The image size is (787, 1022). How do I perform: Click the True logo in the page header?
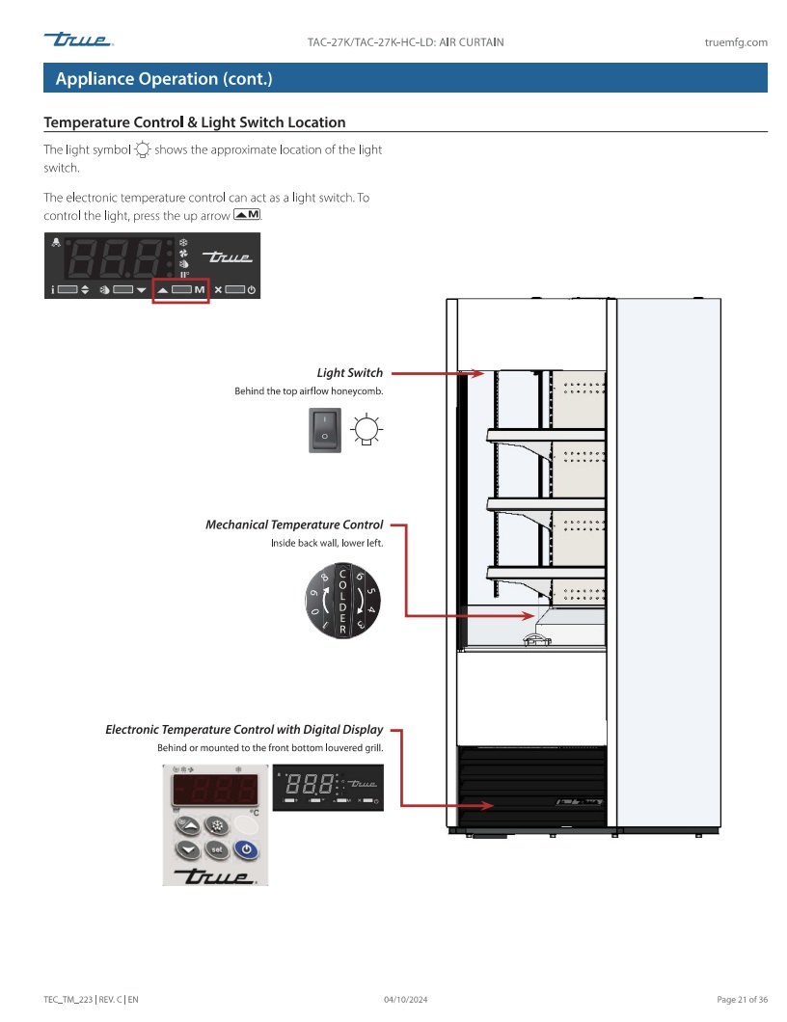pyautogui.click(x=78, y=40)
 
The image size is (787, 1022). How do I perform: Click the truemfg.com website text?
pyautogui.click(x=736, y=42)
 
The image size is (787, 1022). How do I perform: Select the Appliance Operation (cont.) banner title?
pyautogui.click(x=164, y=79)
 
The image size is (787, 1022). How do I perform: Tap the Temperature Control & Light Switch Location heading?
pyautogui.click(x=195, y=122)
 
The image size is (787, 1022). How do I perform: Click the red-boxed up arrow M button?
pyautogui.click(x=181, y=289)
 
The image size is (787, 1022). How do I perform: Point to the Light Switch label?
pyautogui.click(x=349, y=373)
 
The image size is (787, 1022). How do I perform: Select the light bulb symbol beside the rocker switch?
pyautogui.click(x=365, y=429)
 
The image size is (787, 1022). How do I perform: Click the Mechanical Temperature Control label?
pyautogui.click(x=294, y=525)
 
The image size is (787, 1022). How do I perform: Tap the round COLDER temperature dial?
pyautogui.click(x=343, y=601)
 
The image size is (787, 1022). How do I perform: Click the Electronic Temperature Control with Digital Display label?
pyautogui.click(x=244, y=730)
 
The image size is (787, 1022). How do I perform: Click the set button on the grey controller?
pyautogui.click(x=218, y=848)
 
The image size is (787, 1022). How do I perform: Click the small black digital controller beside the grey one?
pyautogui.click(x=328, y=787)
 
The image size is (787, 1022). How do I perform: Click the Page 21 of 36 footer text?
pyautogui.click(x=742, y=999)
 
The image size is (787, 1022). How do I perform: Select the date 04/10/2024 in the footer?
pyautogui.click(x=405, y=999)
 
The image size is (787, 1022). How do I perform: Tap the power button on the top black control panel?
pyautogui.click(x=251, y=290)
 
